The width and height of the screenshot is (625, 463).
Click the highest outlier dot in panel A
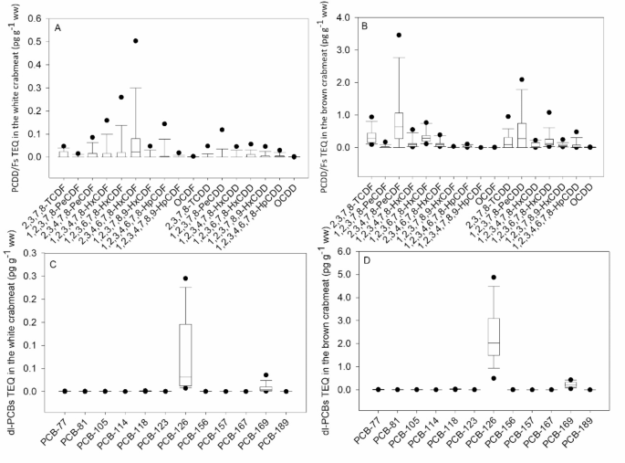136,41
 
